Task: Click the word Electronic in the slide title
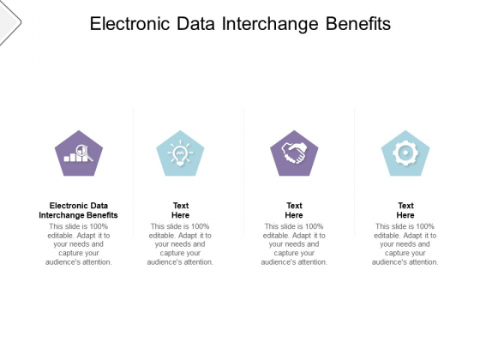tap(129, 24)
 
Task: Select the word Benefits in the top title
tap(358, 24)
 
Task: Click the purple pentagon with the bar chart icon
tap(79, 153)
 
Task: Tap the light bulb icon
tap(180, 153)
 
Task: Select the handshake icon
tap(294, 153)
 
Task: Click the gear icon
tap(405, 153)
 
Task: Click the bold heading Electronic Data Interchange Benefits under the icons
tap(78, 210)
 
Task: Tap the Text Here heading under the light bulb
tap(181, 210)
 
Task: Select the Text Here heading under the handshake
tap(294, 210)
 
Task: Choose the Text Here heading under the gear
tap(405, 210)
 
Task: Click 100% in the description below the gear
tap(425, 226)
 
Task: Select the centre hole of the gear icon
tap(405, 153)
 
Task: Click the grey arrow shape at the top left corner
tap(9, 22)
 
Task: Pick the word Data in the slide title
tap(195, 24)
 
